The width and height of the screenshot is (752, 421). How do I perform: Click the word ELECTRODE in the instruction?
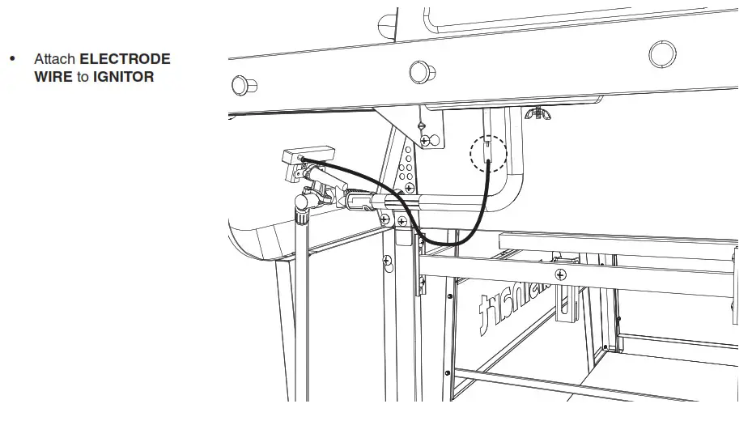(x=125, y=59)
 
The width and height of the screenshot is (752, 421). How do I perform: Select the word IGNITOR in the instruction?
(x=123, y=77)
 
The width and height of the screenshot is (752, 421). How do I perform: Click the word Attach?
(x=54, y=59)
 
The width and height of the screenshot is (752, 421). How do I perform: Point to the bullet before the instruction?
(x=12, y=59)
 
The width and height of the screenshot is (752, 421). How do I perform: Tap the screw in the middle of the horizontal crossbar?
(x=560, y=275)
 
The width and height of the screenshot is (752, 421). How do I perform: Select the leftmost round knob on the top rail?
(x=240, y=85)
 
